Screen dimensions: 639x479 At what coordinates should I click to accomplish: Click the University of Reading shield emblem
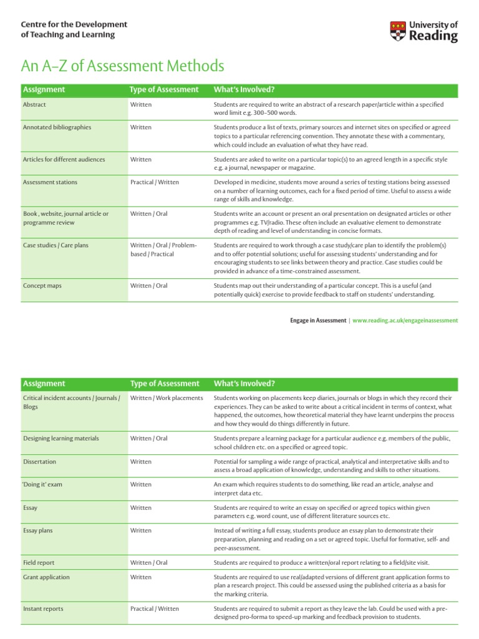(x=398, y=31)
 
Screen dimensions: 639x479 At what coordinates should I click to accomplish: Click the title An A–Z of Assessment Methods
(x=122, y=66)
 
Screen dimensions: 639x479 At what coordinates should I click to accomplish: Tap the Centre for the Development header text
(x=74, y=24)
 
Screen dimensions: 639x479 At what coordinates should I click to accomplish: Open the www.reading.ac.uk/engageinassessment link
(x=405, y=320)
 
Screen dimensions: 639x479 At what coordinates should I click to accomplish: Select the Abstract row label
(x=34, y=105)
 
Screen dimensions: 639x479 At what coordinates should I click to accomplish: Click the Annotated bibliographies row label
(x=57, y=127)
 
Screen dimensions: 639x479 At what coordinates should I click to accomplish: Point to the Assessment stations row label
(x=50, y=182)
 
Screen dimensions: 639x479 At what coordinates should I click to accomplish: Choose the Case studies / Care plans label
(x=56, y=245)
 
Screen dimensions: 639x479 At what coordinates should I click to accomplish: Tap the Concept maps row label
(x=42, y=286)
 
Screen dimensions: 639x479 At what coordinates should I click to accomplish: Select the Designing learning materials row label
(x=60, y=438)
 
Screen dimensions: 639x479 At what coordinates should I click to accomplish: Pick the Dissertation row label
(x=39, y=461)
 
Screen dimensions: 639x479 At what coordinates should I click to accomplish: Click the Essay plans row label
(x=39, y=530)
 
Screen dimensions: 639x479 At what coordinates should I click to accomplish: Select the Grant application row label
(x=46, y=577)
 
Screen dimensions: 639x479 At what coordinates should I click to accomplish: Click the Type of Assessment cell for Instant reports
(x=154, y=608)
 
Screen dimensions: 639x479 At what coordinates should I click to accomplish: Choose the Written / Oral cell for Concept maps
(x=148, y=286)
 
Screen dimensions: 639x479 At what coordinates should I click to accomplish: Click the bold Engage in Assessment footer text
(x=317, y=320)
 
